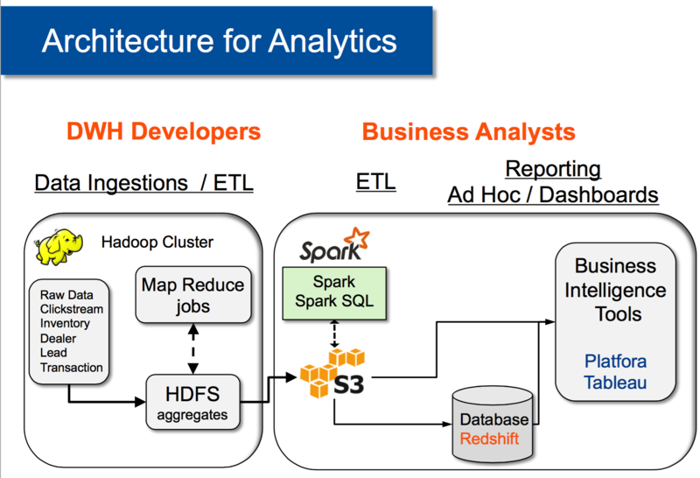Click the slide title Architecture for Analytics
[219, 40]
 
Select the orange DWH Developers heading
[164, 132]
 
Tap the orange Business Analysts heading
[468, 132]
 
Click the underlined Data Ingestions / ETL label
[143, 183]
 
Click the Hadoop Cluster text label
[157, 243]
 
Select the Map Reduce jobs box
[193, 296]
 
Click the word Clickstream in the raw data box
[71, 309]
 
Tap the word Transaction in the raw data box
[71, 368]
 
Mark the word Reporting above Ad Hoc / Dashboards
[552, 168]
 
